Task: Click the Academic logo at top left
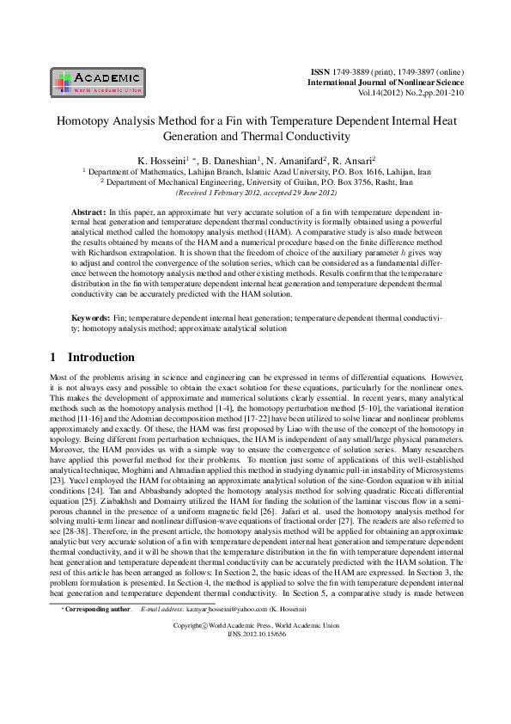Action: click(x=98, y=80)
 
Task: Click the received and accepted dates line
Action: click(x=255, y=192)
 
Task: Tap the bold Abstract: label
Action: click(x=88, y=211)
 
